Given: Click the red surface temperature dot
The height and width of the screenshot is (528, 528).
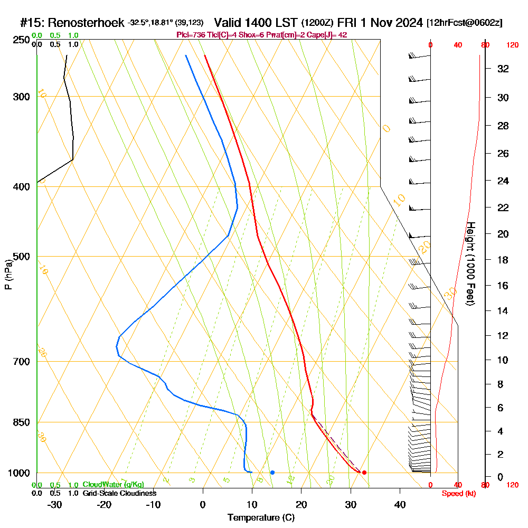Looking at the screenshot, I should coord(364,472).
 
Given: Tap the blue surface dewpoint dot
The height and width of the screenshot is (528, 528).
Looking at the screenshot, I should coord(272,472).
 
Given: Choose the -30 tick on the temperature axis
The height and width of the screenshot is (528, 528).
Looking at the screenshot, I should coord(55,505).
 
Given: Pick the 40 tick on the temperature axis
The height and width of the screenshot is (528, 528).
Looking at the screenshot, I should coord(400,505).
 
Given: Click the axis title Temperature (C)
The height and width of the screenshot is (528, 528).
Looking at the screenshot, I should coord(261,518).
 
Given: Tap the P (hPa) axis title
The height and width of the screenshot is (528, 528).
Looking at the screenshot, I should coord(8,274).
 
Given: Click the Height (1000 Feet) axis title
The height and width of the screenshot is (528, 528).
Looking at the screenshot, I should coord(469,263).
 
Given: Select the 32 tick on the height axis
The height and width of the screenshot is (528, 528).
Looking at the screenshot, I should coord(503,69).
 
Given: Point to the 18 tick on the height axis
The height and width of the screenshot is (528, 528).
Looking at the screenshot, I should coord(503,260).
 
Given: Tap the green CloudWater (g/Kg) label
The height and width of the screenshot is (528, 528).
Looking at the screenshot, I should coord(113,485).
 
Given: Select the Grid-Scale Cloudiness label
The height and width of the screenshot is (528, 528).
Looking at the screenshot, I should coord(119,493).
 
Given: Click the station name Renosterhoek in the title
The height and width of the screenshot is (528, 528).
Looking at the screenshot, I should coord(87,23).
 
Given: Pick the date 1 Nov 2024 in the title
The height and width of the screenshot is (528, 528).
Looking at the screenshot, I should coord(390,23).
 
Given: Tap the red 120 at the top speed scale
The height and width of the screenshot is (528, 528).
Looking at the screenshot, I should coord(512,45).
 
